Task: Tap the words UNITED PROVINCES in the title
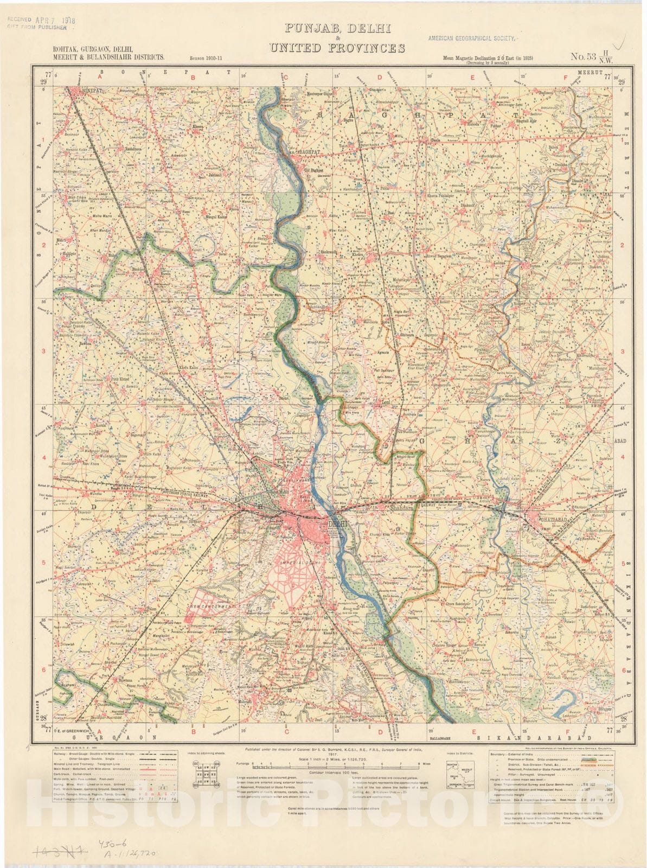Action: (x=337, y=48)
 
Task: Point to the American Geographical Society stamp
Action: (x=473, y=39)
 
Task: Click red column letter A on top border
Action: (x=100, y=77)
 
